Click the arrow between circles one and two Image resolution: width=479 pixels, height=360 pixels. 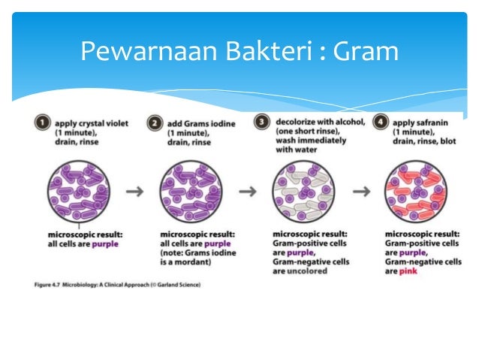[135, 192]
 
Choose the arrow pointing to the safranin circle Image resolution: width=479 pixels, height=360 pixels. [361, 192]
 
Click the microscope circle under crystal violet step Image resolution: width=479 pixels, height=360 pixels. [79, 192]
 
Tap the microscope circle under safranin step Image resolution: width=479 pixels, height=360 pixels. [416, 192]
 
